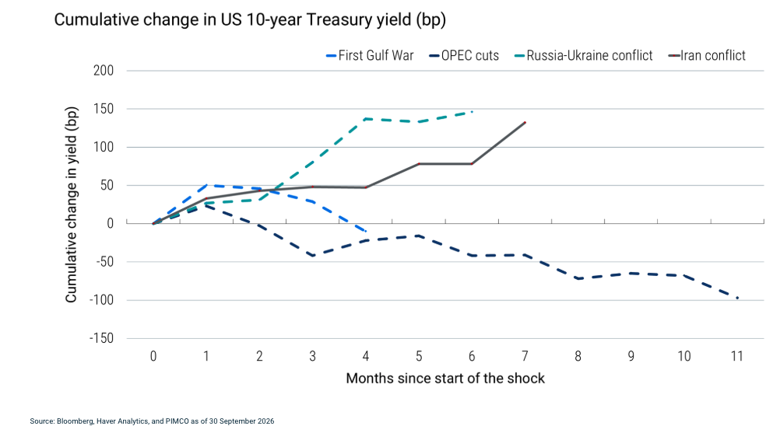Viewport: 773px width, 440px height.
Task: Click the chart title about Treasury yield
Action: pos(250,19)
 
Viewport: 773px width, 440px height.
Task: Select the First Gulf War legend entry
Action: pos(370,56)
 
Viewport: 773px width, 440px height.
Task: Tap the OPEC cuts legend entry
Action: pos(464,56)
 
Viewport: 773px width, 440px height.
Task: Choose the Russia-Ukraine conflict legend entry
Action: pos(584,56)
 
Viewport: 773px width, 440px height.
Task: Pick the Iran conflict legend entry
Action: pos(707,56)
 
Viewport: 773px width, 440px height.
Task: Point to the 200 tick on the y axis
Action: pos(104,71)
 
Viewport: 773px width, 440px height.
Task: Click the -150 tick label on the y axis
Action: pos(101,338)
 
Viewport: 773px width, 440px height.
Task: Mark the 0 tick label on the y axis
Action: pos(110,223)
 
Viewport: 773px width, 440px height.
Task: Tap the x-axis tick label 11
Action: pos(737,356)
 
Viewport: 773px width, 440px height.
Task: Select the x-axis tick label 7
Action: pos(525,356)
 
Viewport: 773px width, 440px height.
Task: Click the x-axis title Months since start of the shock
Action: pos(445,378)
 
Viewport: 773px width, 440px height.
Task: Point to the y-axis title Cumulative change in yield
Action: pos(72,204)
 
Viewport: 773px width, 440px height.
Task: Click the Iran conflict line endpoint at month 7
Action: pos(525,123)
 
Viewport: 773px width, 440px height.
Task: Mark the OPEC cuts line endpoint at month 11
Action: pos(737,299)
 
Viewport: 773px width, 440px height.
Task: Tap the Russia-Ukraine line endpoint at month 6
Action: pos(472,112)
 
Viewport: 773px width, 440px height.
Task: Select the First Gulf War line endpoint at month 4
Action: pos(365,231)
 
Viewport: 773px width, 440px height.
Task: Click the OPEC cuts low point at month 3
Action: pos(313,256)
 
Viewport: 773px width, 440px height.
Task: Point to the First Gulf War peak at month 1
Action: pos(206,185)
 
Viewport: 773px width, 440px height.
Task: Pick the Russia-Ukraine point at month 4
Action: pos(365,119)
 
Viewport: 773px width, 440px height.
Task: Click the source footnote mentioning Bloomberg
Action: pos(152,421)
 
